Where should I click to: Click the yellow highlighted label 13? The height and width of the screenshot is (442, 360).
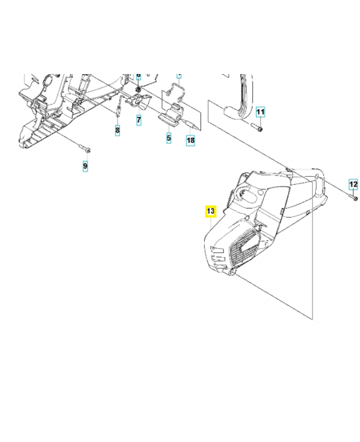[x=210, y=211]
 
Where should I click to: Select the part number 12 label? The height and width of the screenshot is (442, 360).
[x=353, y=184]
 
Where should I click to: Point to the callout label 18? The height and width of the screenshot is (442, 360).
[x=190, y=141]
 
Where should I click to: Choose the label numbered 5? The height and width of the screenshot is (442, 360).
[x=169, y=137]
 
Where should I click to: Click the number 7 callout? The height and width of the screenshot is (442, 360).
[x=139, y=119]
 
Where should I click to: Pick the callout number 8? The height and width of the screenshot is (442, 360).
[x=117, y=130]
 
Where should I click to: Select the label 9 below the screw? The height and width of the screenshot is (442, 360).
[x=85, y=165]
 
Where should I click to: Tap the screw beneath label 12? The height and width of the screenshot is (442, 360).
[x=354, y=197]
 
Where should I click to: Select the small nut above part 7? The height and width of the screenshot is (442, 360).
[x=139, y=89]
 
